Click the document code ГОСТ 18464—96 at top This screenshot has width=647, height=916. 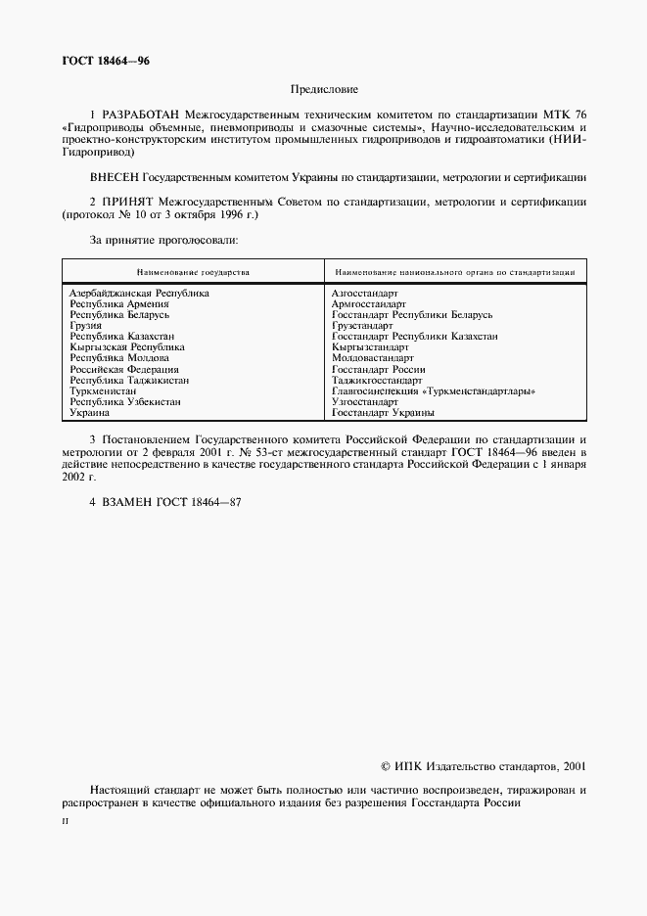point(106,62)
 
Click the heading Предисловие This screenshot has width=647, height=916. point(324,89)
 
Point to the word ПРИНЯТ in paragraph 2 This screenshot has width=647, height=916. point(126,203)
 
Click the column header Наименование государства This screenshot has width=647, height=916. point(193,271)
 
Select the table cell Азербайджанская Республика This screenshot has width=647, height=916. point(139,293)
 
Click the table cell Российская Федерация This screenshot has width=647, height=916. point(123,370)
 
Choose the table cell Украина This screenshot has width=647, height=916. point(90,413)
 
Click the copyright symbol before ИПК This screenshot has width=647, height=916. point(385,768)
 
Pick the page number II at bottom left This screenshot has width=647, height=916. point(65,822)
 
